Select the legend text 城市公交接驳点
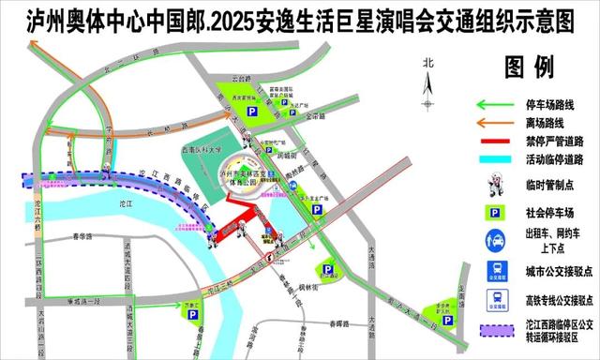(x=549, y=272)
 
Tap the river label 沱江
(x=118, y=202)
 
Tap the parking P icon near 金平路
(x=252, y=112)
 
